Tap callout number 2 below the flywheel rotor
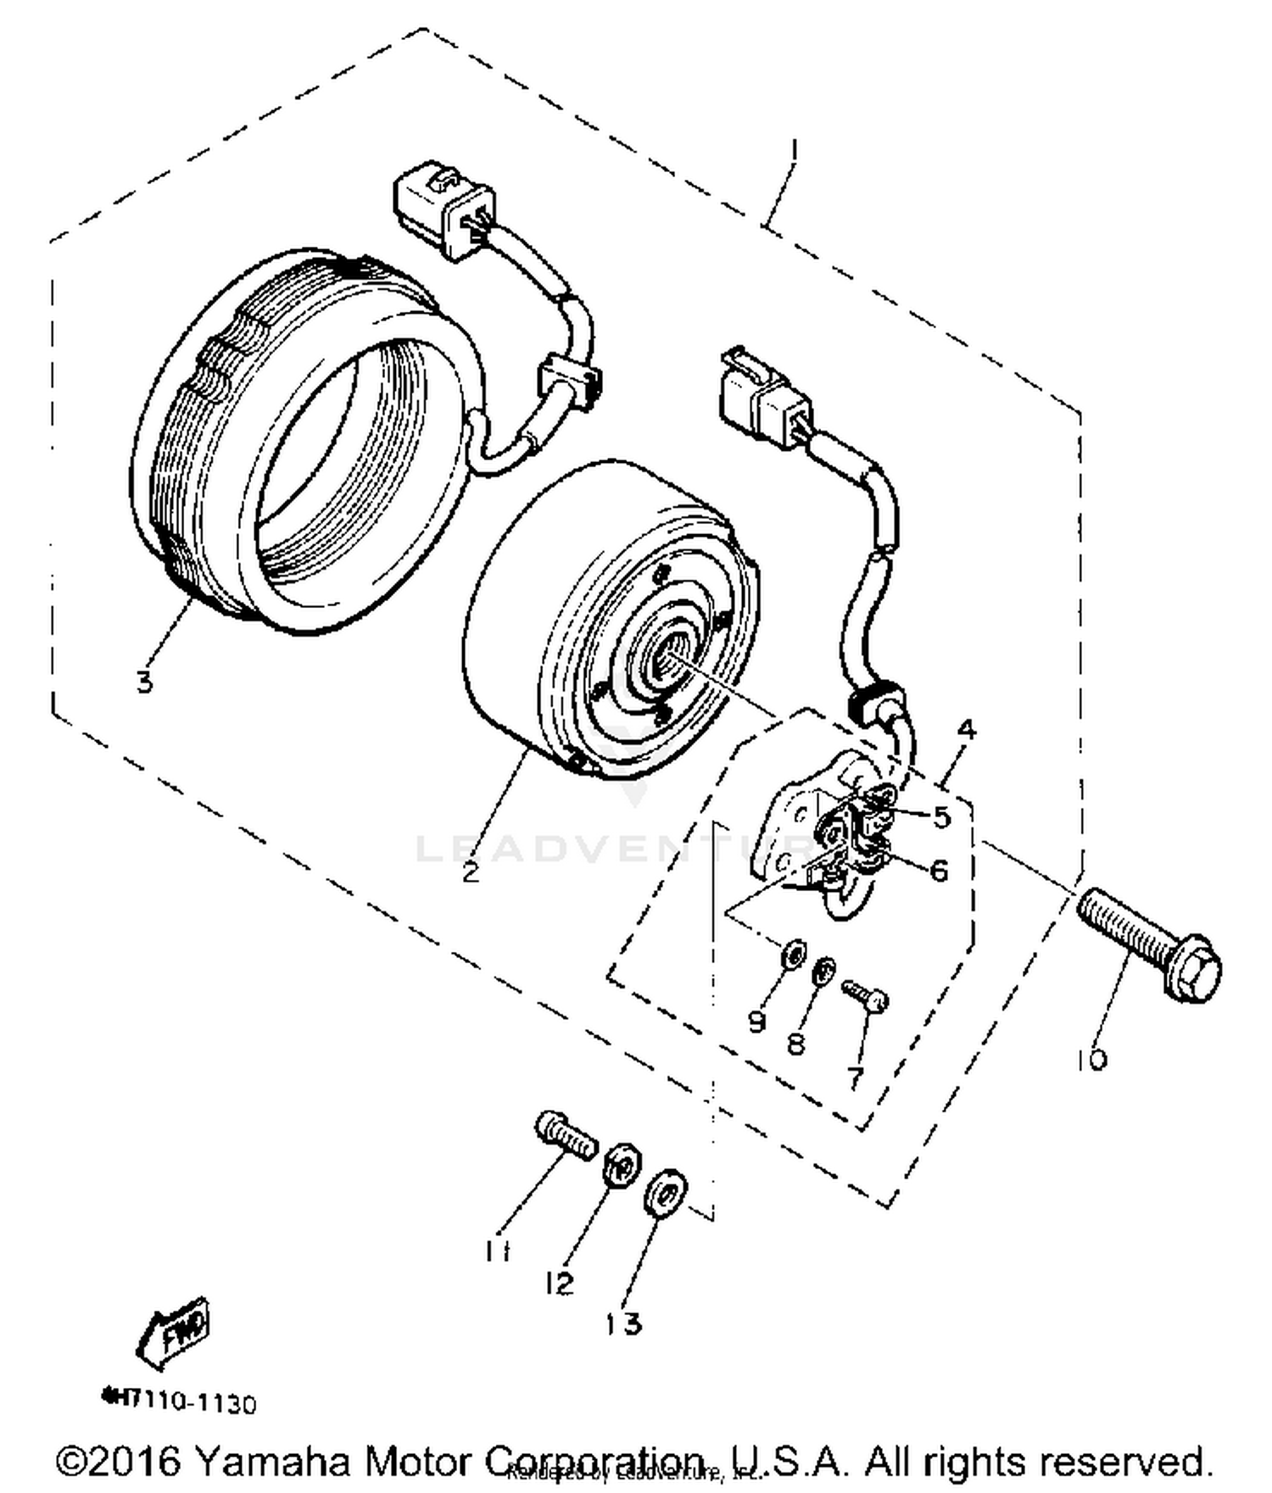tap(471, 872)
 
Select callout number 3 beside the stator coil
tap(144, 681)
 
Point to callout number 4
tap(966, 730)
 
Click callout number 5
tap(941, 816)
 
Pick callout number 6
tap(939, 870)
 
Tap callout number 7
tap(855, 1078)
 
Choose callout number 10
tap(1092, 1059)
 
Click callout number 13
tap(624, 1323)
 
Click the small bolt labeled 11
tap(565, 1136)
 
